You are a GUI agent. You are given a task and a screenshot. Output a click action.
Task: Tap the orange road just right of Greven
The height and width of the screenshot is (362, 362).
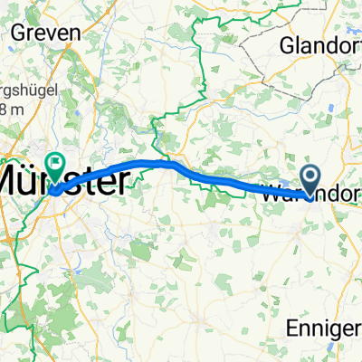90,27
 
